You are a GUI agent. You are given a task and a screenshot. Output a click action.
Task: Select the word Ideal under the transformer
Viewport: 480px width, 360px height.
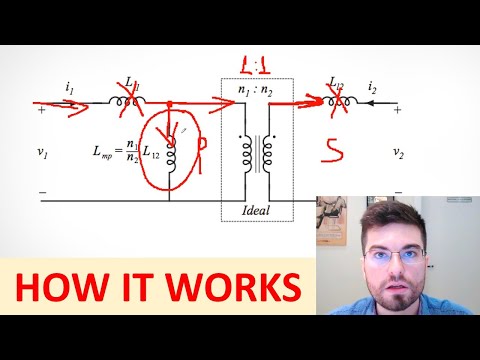pos(256,210)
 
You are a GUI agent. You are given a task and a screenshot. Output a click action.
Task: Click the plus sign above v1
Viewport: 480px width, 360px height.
pos(40,111)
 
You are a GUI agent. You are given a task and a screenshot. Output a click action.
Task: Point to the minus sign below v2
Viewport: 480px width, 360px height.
pos(399,191)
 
